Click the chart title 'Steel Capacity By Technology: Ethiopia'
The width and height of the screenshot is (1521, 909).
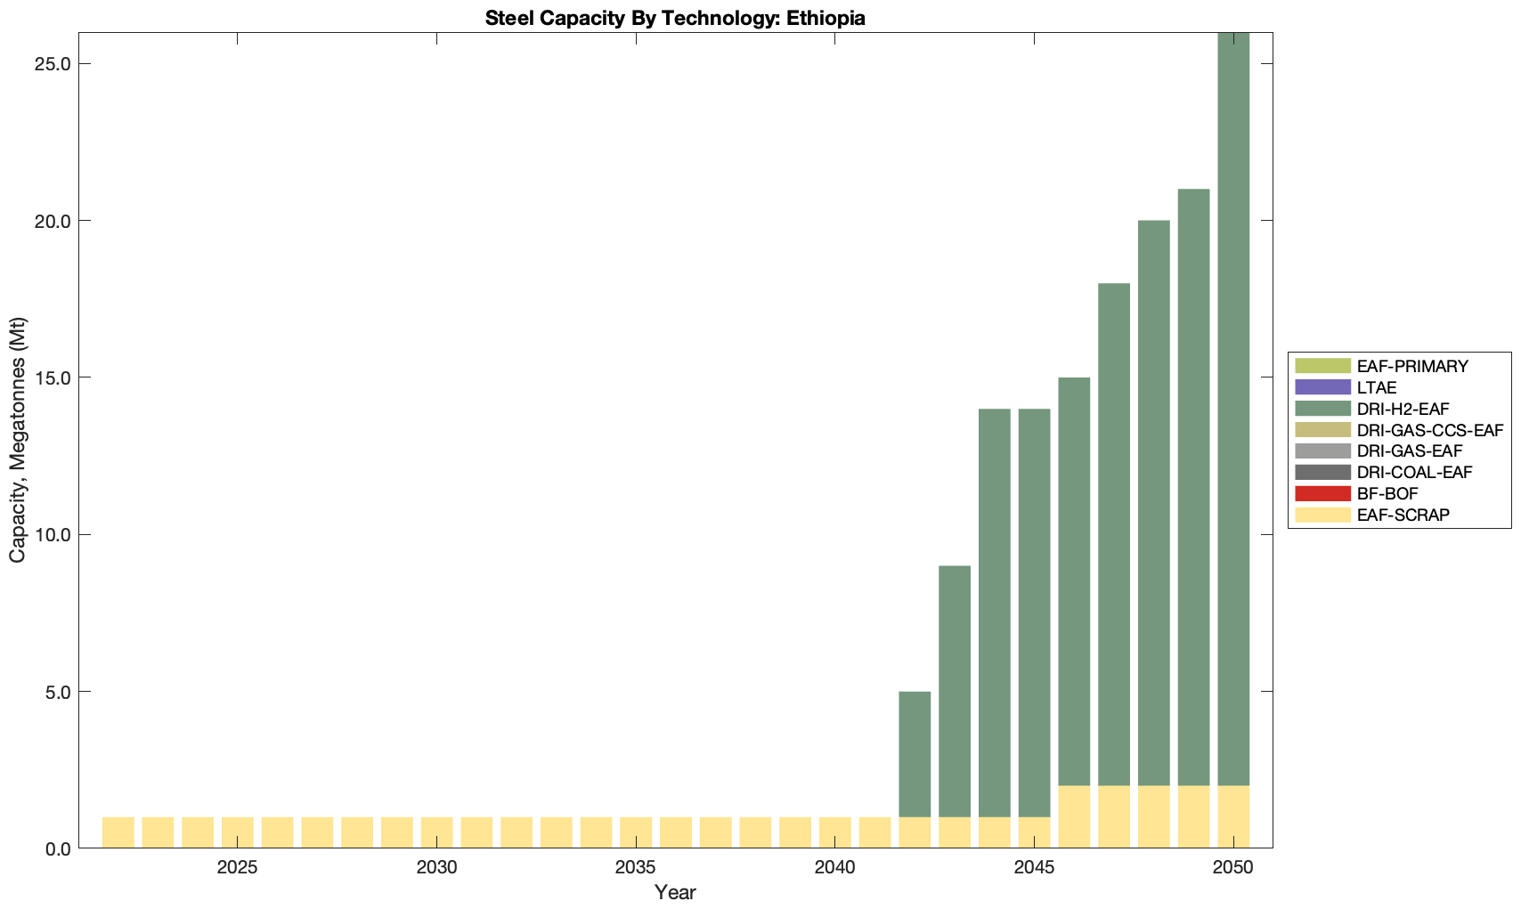coord(675,18)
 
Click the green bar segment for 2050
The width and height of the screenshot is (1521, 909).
coord(1233,410)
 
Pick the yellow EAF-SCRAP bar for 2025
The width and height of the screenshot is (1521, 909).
coord(238,832)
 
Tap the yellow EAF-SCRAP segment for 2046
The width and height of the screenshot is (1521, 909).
coord(1074,816)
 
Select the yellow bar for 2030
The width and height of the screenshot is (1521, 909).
coord(436,832)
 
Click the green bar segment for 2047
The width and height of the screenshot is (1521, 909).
coord(1114,534)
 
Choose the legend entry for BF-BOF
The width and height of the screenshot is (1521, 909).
coord(1387,493)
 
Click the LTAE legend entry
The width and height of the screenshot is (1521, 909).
coord(1377,387)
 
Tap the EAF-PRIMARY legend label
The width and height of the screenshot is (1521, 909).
coord(1412,366)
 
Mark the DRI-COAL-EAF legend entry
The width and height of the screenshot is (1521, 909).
coord(1414,472)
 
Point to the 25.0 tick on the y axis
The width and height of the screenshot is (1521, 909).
coord(54,64)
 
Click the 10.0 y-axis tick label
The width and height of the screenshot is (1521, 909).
coord(54,535)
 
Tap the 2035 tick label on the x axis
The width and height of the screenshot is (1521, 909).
coord(636,867)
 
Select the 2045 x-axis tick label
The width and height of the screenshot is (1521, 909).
coord(1034,867)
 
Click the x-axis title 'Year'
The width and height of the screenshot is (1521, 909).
coord(675,892)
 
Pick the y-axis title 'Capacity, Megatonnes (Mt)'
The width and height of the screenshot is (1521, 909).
coord(18,440)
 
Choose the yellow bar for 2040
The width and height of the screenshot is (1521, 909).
coord(835,832)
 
